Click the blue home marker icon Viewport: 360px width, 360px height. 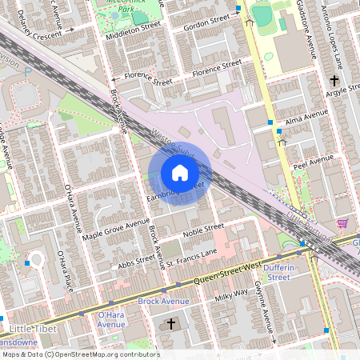(x=180, y=172)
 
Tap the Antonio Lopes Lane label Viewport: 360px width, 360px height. (x=338, y=35)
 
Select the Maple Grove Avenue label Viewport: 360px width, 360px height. (x=116, y=228)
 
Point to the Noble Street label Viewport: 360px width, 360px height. (x=202, y=230)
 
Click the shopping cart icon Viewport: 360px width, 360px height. (x=342, y=223)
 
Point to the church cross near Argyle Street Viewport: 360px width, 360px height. (x=334, y=80)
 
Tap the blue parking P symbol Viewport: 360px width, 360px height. (x=28, y=71)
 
